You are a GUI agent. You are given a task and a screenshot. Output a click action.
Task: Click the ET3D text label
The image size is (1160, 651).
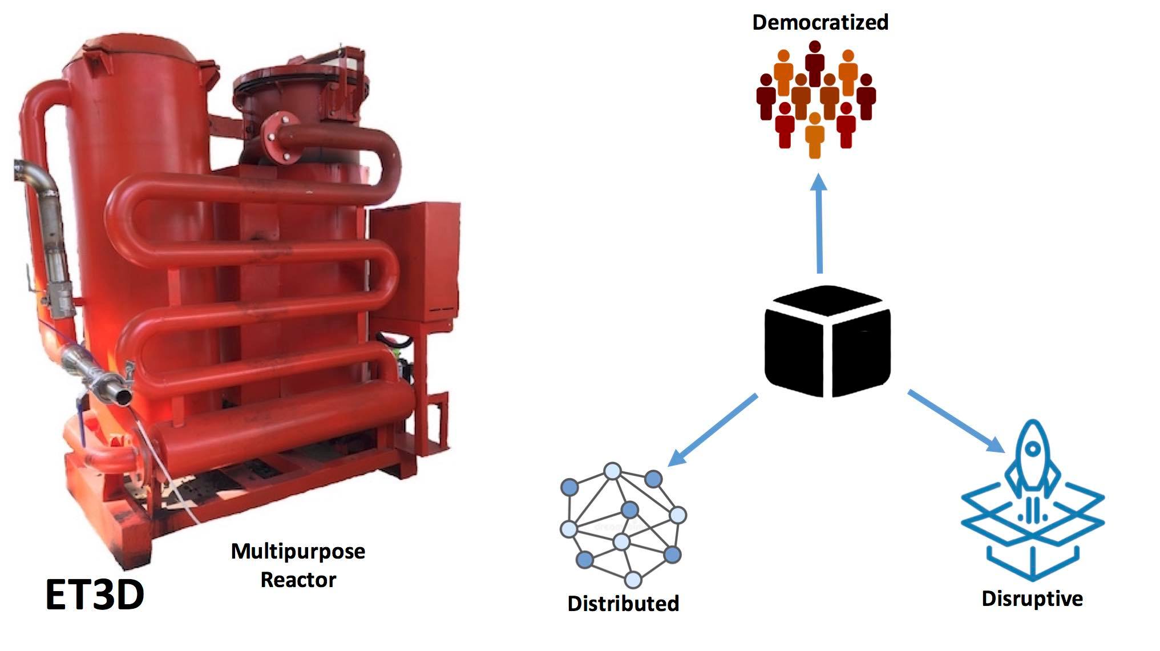pos(95,595)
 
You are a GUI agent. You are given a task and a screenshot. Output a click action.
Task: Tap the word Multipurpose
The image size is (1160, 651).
pos(298,552)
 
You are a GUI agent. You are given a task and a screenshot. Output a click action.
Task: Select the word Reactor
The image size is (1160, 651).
pos(298,580)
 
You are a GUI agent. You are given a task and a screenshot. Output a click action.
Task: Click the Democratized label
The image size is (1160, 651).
pos(820,22)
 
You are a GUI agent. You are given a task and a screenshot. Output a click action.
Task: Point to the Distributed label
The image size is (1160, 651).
pos(623,604)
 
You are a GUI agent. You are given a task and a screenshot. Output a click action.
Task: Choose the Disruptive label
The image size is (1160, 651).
pos(1032,599)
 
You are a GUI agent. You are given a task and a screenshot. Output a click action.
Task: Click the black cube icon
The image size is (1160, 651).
pos(827,341)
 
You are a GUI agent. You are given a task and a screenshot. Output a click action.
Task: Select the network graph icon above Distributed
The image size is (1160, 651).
pos(624,524)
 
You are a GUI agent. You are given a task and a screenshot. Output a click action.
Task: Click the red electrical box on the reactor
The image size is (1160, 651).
pos(415,260)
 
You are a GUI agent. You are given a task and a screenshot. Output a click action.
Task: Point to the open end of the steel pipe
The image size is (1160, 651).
pos(121,395)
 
